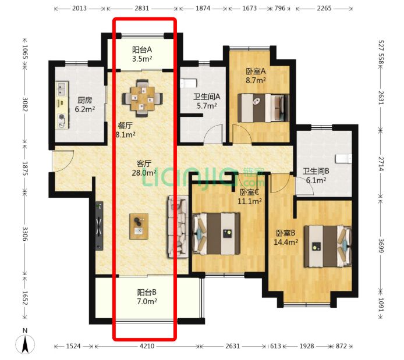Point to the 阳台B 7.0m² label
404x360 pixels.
click(147, 297)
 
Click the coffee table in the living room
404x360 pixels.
click(139, 226)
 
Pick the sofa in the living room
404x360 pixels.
click(178, 227)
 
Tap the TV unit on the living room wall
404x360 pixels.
click(100, 226)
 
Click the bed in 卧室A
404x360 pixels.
click(263, 108)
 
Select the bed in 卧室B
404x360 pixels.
click(328, 247)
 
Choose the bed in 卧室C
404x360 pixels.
click(217, 234)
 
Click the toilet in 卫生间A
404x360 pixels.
click(189, 83)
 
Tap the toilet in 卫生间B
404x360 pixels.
click(343, 159)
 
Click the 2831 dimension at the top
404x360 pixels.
click(141, 8)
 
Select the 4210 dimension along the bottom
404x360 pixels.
click(147, 346)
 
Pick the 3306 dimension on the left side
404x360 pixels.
click(25, 234)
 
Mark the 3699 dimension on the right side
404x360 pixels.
click(381, 246)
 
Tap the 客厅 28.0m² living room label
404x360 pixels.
click(144, 168)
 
